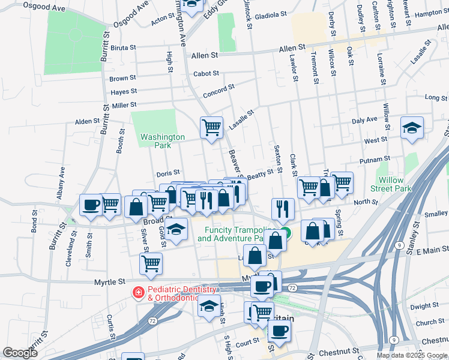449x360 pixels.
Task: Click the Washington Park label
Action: point(163,141)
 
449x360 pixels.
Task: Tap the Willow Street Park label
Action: point(394,184)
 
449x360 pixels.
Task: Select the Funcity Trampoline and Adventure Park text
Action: point(235,234)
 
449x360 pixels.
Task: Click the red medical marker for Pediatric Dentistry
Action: point(138,292)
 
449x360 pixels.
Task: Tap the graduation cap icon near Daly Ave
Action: point(412,128)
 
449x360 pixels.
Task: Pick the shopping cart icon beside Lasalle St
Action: point(211,127)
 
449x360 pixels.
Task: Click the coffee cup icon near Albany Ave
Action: point(91,205)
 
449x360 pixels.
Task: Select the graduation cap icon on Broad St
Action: point(176,230)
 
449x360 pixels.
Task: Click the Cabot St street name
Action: point(205,74)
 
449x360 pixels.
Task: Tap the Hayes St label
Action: point(124,92)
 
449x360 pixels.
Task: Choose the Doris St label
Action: point(168,173)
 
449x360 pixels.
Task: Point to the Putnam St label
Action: point(375,160)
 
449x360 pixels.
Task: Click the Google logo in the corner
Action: point(20,353)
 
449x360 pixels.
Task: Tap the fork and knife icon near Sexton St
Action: point(283,208)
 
